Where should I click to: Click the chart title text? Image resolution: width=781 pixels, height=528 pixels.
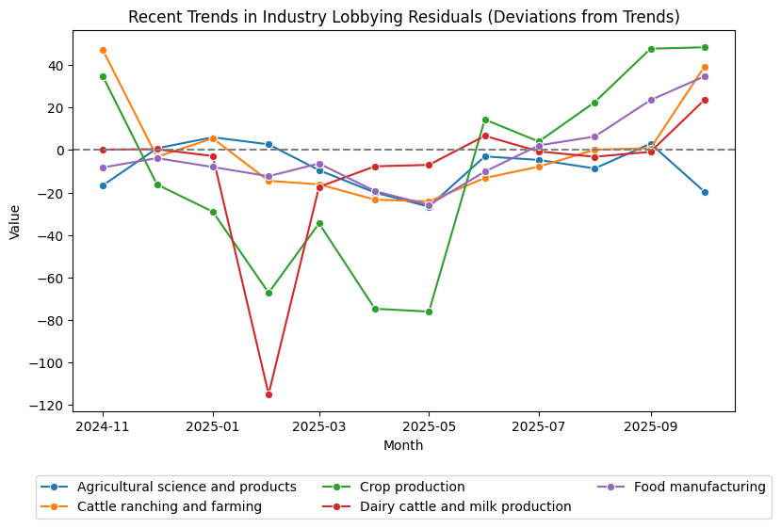click(403, 17)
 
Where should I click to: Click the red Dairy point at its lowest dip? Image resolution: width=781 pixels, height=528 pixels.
click(268, 394)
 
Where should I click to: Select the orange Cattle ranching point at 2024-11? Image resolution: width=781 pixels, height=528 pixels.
click(103, 50)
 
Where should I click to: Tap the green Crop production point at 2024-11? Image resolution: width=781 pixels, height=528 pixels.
click(103, 76)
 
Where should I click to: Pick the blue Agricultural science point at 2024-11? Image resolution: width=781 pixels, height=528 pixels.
click(103, 185)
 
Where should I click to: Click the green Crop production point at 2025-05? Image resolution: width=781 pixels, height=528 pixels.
click(429, 312)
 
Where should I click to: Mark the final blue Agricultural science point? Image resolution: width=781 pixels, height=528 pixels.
click(705, 192)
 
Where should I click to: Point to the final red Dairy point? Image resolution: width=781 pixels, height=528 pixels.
click(705, 100)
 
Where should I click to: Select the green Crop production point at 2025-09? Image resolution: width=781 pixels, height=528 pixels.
click(650, 49)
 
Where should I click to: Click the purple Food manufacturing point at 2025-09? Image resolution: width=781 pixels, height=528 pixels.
click(650, 100)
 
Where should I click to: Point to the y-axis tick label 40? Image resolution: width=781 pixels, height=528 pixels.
click(55, 66)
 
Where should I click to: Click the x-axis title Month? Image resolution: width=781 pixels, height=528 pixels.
click(403, 445)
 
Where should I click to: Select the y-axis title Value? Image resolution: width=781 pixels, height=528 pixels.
click(15, 220)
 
